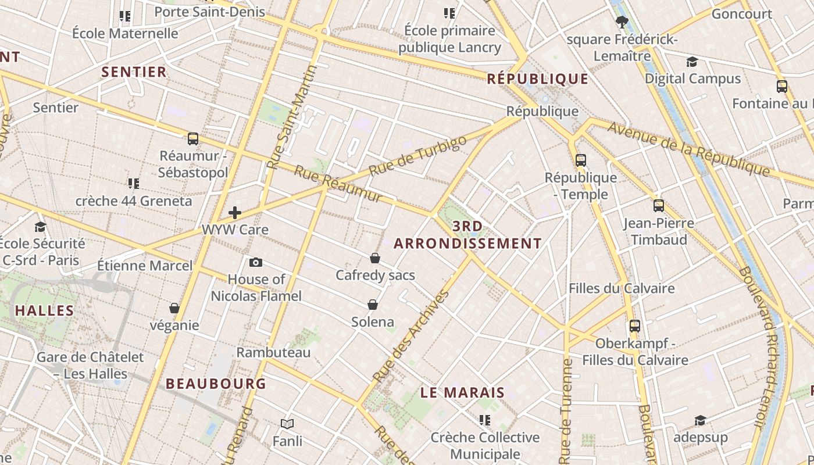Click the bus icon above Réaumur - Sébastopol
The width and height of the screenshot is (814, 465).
[x=193, y=139]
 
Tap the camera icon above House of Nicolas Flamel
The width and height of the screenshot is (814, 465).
[x=255, y=263]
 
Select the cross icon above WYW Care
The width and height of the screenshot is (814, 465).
[x=235, y=213]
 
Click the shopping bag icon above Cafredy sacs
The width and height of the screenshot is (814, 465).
[x=375, y=258]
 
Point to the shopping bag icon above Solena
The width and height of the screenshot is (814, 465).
[x=373, y=305]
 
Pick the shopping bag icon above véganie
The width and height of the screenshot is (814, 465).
[x=174, y=308]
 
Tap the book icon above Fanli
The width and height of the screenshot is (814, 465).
[x=287, y=424]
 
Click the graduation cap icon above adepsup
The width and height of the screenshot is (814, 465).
[x=700, y=420]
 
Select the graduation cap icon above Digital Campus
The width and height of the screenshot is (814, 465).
[x=692, y=62]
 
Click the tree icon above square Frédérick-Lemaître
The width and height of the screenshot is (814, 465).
[x=622, y=23]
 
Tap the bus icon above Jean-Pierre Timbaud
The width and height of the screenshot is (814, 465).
[x=658, y=206]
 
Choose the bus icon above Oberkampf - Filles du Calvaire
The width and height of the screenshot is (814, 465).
[x=634, y=326]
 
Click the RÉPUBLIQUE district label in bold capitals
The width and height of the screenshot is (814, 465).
[x=537, y=79]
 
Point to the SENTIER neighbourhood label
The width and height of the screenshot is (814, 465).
[x=134, y=72]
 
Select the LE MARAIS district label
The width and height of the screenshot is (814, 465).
[x=462, y=393]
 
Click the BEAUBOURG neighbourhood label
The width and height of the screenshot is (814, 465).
[x=216, y=384]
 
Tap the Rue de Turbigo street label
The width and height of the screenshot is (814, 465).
[x=417, y=156]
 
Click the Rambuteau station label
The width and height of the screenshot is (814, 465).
[x=273, y=352]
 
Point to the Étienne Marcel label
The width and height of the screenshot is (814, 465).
[x=145, y=266]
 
